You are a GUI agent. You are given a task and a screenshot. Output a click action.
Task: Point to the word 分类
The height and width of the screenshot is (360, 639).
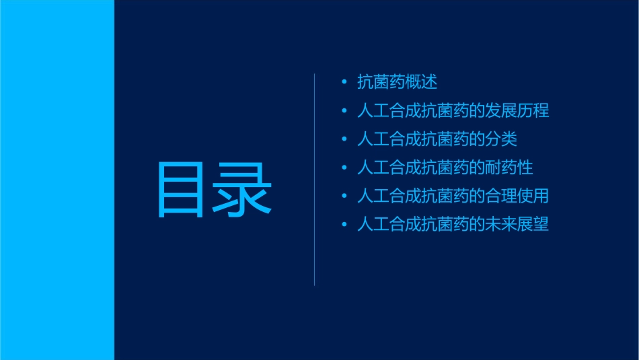click(501, 139)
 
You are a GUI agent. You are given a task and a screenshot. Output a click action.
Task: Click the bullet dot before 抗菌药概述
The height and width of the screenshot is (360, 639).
click(344, 83)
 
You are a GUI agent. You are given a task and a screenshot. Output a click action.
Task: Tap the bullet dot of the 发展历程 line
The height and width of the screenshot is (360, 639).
click(344, 110)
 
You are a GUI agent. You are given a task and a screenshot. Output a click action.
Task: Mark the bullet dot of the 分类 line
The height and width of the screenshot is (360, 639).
click(344, 139)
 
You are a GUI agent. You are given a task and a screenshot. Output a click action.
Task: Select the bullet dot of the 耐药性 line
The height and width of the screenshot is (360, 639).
click(344, 168)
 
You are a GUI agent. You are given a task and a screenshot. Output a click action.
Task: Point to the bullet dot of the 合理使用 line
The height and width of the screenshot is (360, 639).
click(344, 196)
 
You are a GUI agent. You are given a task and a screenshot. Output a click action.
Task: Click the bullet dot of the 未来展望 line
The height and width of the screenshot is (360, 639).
click(344, 224)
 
